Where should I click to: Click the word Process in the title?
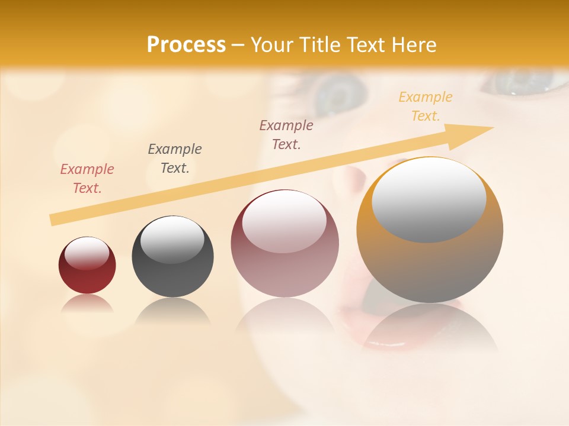tap(186, 44)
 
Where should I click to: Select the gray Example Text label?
tap(175, 159)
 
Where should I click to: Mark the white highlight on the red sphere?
tap(87, 254)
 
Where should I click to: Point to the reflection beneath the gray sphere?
tap(172, 311)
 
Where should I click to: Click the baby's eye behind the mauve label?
tap(341, 95)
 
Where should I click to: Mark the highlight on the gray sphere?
tap(172, 240)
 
